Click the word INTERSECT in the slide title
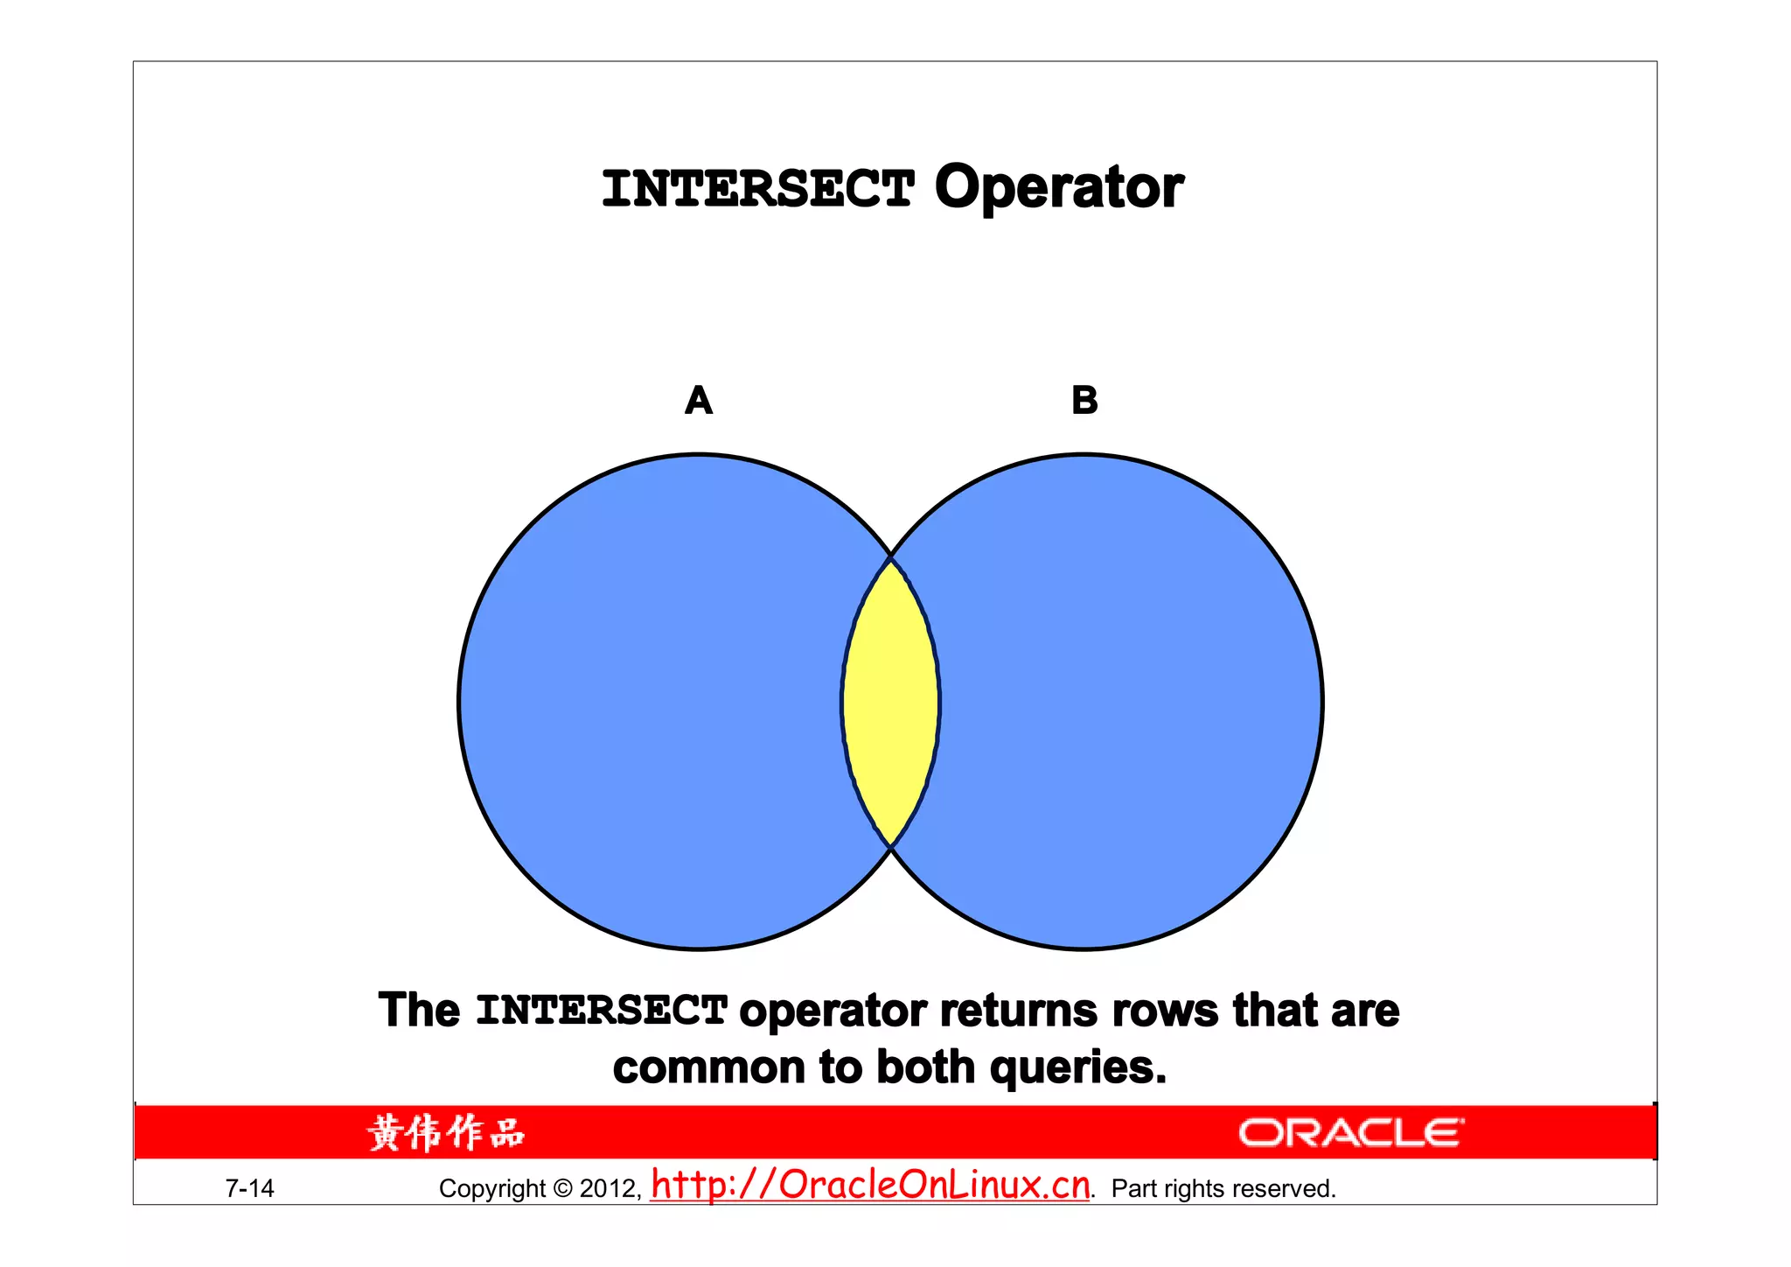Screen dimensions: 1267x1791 757,189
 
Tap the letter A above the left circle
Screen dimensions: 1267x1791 699,401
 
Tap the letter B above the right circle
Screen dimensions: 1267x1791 1084,401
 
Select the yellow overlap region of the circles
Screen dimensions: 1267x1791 890,703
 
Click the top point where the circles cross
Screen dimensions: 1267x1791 890,556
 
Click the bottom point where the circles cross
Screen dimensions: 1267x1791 890,847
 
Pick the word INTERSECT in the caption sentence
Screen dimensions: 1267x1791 602,1011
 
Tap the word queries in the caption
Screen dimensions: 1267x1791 1077,1068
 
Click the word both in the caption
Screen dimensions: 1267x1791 925,1068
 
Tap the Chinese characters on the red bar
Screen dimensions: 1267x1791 446,1133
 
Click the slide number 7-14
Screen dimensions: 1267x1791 249,1188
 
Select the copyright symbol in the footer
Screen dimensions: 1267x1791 562,1188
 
